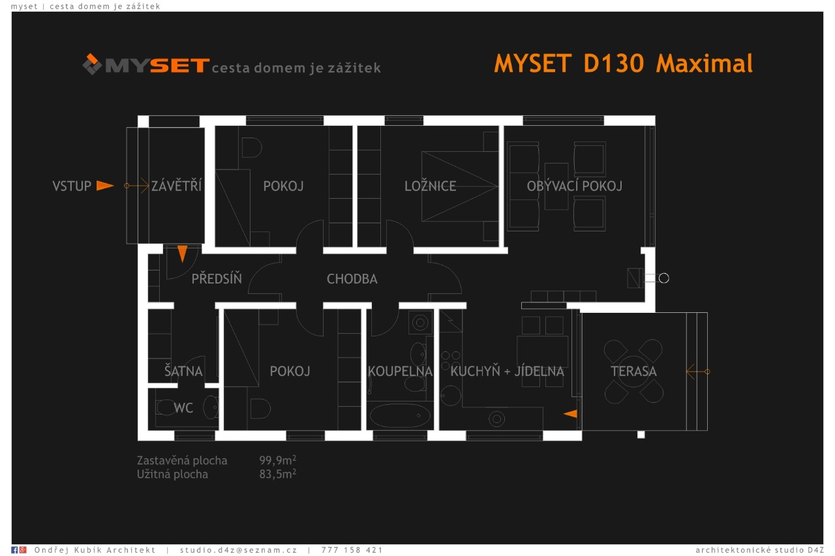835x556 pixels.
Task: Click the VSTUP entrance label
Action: click(x=72, y=186)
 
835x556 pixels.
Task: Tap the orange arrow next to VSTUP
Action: click(x=104, y=186)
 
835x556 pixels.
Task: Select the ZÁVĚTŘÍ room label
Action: click(x=176, y=186)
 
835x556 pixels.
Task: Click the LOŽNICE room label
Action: click(x=430, y=186)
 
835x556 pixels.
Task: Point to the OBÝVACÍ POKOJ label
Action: click(x=574, y=186)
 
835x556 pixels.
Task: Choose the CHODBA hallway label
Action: click(x=352, y=280)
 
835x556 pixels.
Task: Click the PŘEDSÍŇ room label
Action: click(x=217, y=280)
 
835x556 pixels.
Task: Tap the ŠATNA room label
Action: click(x=183, y=372)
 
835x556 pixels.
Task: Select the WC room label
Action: click(x=183, y=409)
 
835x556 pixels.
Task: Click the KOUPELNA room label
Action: click(x=400, y=372)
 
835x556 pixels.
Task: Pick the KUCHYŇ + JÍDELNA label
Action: click(x=507, y=372)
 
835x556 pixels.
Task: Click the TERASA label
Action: click(x=633, y=372)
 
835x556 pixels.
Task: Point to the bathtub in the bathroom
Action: click(x=397, y=415)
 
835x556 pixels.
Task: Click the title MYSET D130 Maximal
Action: click(x=623, y=64)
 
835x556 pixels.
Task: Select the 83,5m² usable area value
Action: click(x=277, y=474)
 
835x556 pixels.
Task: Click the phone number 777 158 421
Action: click(x=352, y=550)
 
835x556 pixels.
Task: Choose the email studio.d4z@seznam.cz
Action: click(x=238, y=550)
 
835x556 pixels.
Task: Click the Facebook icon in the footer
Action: click(x=15, y=550)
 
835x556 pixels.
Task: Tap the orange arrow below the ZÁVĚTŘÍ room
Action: click(x=183, y=253)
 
